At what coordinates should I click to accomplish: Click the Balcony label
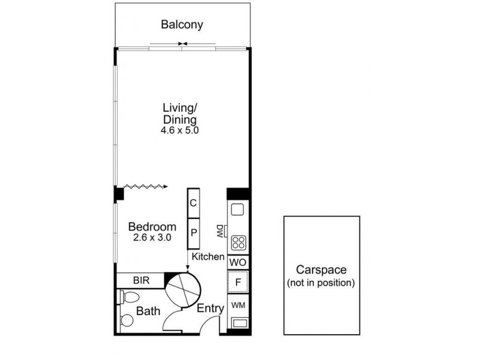182,25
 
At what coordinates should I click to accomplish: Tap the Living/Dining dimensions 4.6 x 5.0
179,130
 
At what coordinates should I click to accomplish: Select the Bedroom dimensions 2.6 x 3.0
152,237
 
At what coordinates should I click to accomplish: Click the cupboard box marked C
193,203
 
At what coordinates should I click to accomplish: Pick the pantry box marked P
193,233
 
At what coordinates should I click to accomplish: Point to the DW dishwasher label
220,231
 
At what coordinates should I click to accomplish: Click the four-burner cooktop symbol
238,242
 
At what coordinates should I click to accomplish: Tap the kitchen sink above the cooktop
237,209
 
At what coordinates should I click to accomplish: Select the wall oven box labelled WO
238,262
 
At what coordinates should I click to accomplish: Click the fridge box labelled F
238,282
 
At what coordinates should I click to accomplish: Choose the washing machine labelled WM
238,305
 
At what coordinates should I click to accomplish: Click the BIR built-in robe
141,280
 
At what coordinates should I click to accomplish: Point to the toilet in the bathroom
130,297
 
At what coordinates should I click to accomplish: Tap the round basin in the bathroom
127,320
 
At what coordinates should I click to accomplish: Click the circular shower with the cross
183,290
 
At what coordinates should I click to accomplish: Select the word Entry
211,308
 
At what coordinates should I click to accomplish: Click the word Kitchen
208,257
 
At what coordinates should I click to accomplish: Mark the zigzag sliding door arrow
146,187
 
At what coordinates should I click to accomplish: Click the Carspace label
321,269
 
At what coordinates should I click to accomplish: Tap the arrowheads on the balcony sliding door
183,44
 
